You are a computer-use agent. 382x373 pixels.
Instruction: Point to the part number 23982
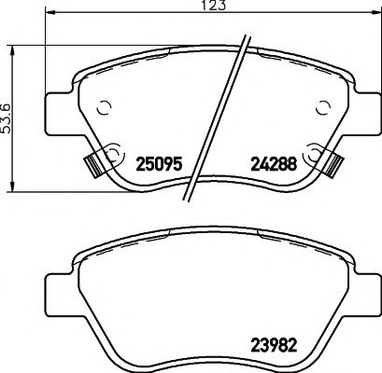276,340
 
